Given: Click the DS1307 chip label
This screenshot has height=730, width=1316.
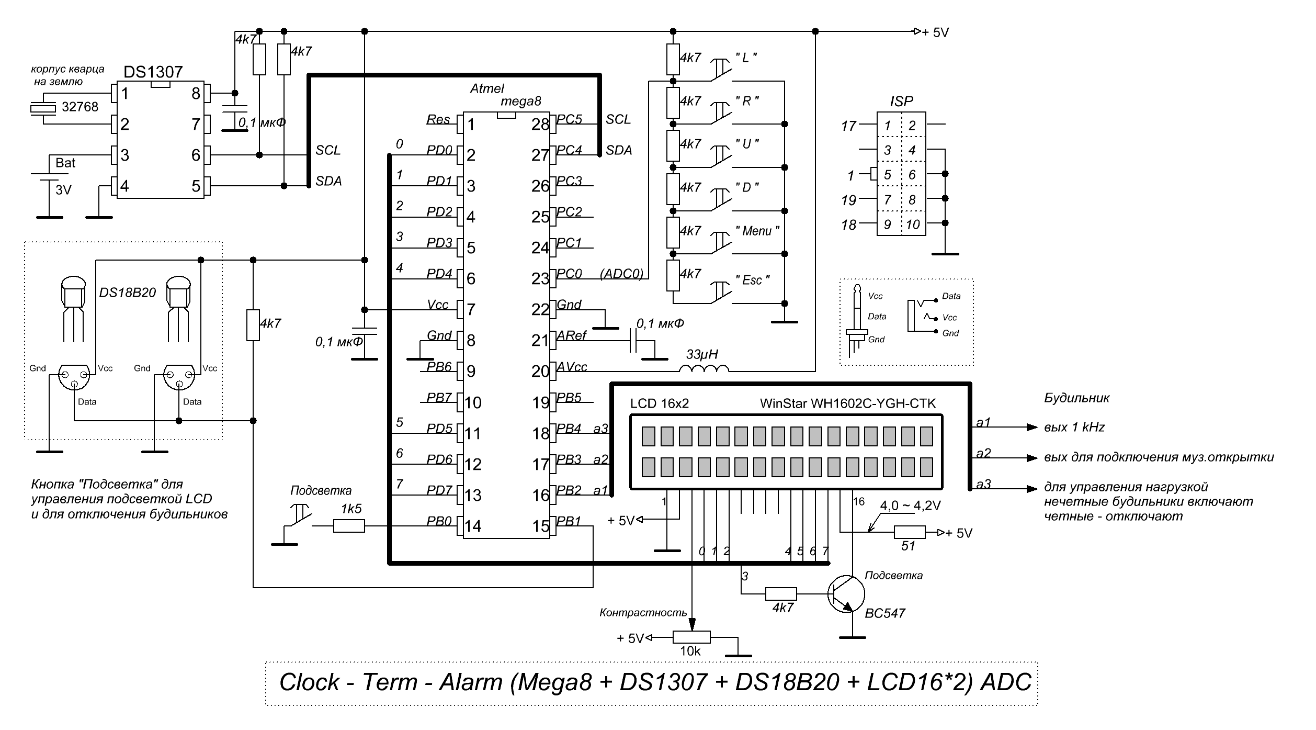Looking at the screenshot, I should click(153, 72).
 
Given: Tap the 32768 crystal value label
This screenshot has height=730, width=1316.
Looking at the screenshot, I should click(80, 107).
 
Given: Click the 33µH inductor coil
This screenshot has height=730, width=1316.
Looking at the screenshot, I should click(704, 369).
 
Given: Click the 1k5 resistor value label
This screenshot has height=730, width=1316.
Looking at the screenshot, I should click(351, 509).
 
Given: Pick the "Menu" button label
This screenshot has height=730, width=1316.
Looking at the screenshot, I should click(757, 231).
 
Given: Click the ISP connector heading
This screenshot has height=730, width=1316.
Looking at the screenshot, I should click(901, 102).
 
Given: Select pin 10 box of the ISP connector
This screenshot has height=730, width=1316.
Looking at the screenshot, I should click(913, 224).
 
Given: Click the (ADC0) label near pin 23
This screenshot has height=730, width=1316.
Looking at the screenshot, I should click(621, 274).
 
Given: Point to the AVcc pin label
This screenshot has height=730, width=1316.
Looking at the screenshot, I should click(572, 367).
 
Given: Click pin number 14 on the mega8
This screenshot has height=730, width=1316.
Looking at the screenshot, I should click(473, 526).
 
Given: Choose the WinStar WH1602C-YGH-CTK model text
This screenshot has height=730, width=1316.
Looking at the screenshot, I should click(847, 403).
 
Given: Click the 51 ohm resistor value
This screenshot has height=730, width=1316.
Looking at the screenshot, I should click(908, 546).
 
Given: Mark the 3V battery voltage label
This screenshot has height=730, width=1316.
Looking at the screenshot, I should click(63, 190).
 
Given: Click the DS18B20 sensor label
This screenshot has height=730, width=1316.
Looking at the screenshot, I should click(128, 293).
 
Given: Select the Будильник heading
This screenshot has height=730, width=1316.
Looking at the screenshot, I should click(1076, 398).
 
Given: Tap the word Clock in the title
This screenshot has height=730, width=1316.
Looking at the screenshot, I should click(309, 682).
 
